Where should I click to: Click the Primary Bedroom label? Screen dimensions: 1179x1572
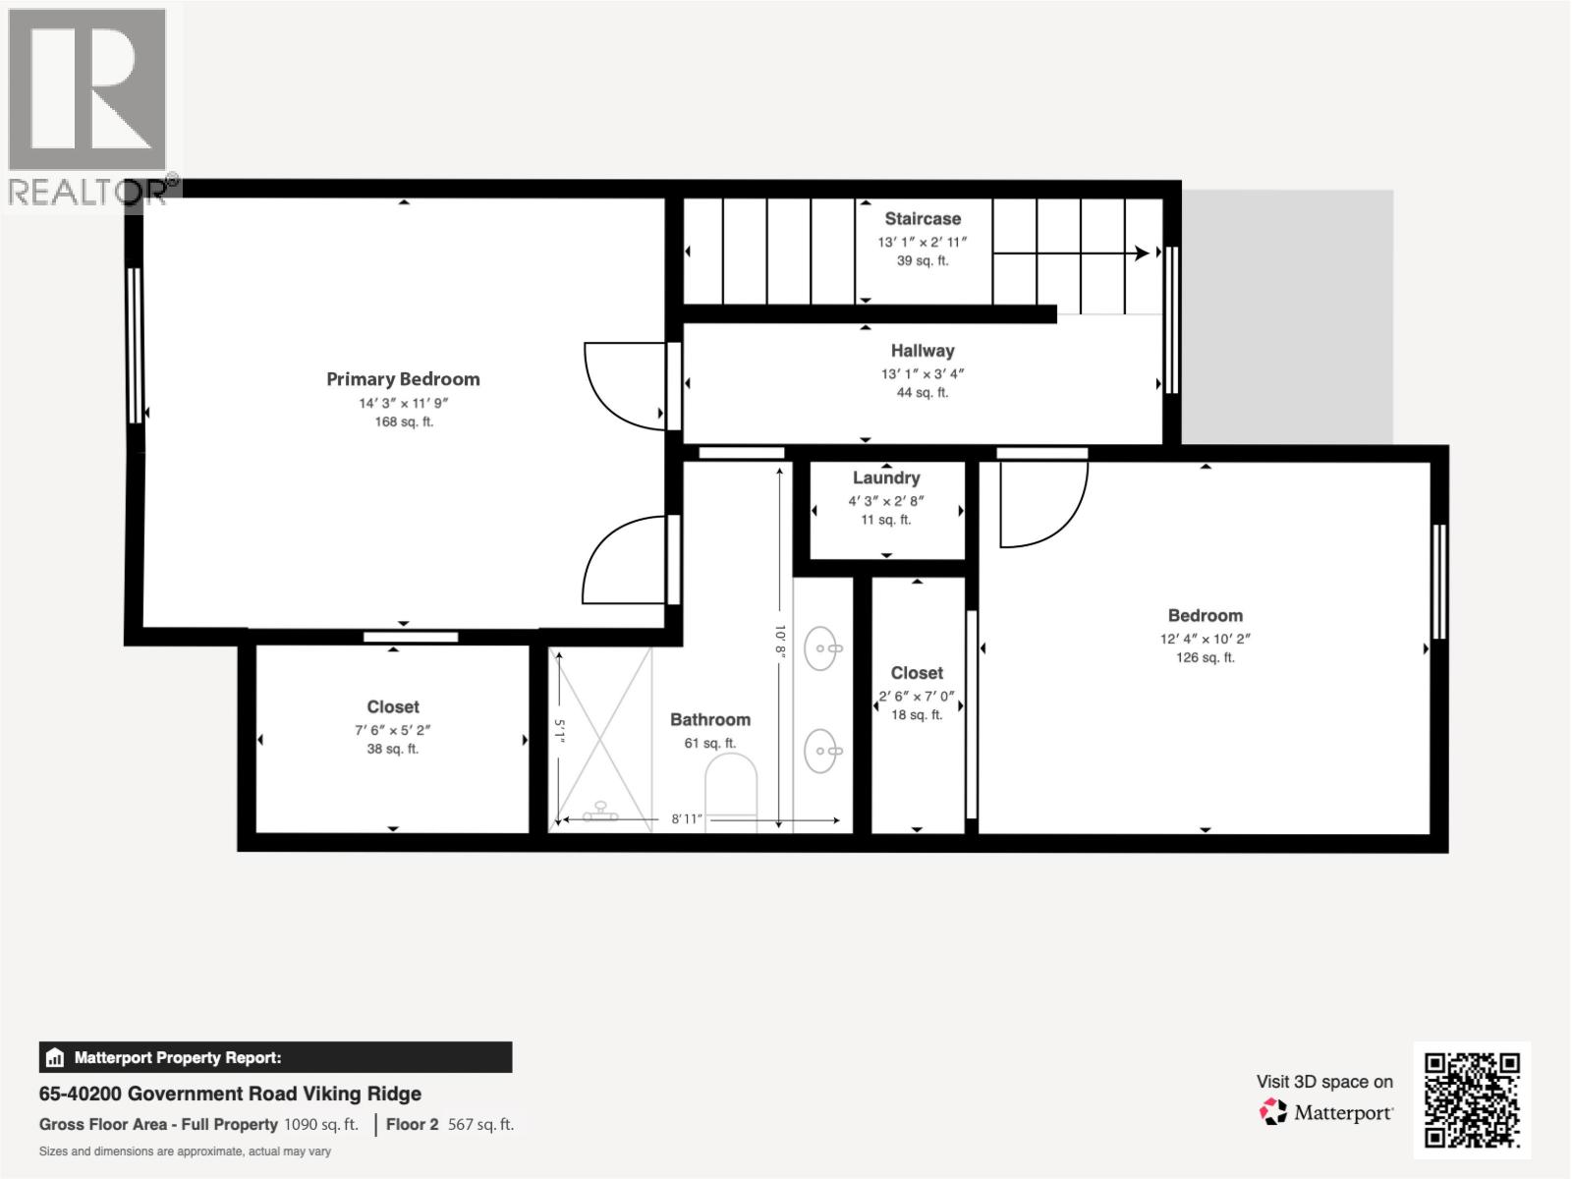pyautogui.click(x=403, y=379)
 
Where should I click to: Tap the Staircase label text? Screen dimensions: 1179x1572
pyautogui.click(x=923, y=219)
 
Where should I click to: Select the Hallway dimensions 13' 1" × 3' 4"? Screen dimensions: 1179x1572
pyautogui.click(x=923, y=373)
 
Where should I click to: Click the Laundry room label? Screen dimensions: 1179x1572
pyautogui.click(x=886, y=478)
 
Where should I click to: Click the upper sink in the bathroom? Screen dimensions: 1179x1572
pyautogui.click(x=822, y=648)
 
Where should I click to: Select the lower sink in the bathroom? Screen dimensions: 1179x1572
pyautogui.click(x=822, y=753)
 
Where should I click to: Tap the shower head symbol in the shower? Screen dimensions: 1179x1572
pyautogui.click(x=599, y=814)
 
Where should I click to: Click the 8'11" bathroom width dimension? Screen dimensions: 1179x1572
pyautogui.click(x=687, y=818)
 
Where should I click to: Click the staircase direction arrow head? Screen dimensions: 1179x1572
pyautogui.click(x=1142, y=253)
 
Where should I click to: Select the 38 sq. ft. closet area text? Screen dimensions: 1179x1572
pyautogui.click(x=393, y=749)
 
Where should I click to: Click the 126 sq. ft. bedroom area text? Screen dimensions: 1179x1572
pyautogui.click(x=1206, y=657)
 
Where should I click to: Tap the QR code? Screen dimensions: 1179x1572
pyautogui.click(x=1472, y=1100)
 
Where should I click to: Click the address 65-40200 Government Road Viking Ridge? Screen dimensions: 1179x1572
pyautogui.click(x=230, y=1094)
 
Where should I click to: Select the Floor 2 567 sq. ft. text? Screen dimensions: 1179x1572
pyautogui.click(x=449, y=1124)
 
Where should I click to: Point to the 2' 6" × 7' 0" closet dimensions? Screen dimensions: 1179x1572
pyautogui.click(x=917, y=696)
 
